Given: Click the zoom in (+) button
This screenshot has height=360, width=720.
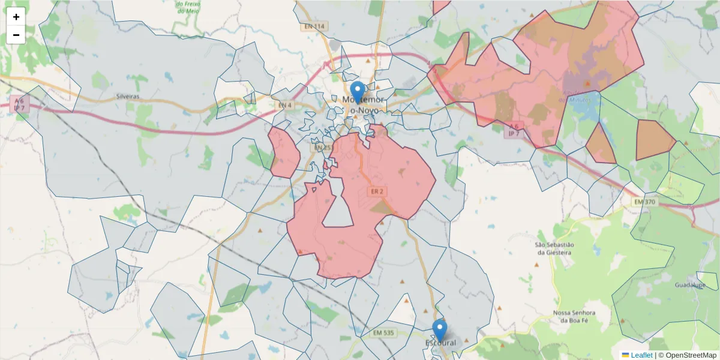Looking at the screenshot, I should (16, 17).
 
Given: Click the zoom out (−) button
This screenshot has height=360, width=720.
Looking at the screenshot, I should (16, 35).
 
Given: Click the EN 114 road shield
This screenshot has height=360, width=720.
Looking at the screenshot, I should (314, 26).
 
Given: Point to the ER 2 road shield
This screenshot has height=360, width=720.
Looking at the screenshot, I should (377, 191).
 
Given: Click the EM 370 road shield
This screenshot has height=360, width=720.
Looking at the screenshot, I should (644, 202).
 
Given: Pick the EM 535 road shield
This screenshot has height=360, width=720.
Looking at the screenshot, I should (383, 333).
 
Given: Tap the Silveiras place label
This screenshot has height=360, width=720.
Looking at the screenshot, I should (127, 96).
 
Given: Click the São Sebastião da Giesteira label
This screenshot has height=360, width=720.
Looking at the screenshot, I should (554, 248).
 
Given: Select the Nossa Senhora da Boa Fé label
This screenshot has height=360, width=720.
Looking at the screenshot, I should (575, 317).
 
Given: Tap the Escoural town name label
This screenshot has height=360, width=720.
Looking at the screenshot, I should (441, 343).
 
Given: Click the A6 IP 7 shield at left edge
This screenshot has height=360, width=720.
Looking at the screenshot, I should (19, 104).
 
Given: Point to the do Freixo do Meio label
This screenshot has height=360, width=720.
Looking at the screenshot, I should (188, 7).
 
